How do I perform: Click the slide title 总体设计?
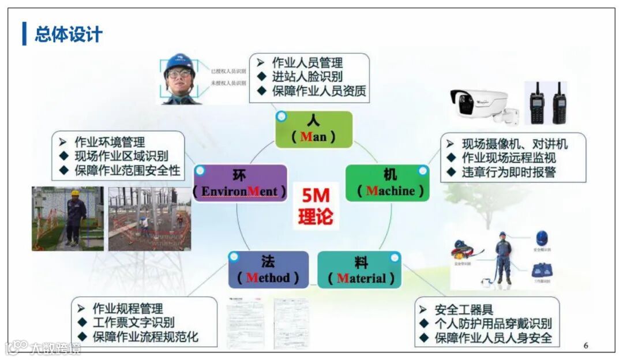(68, 34)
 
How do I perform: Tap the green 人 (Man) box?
(313, 129)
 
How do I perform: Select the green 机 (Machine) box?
(388, 183)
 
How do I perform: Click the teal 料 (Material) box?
(359, 269)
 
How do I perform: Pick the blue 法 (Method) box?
(268, 269)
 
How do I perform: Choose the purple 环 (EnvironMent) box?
(240, 183)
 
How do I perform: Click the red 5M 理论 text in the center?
(315, 206)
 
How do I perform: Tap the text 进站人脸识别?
(307, 77)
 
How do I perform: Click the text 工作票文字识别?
(134, 322)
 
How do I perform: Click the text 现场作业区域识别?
(121, 156)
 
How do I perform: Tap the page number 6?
(586, 346)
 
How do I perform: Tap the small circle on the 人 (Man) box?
(282, 117)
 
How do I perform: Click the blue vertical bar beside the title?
(24, 34)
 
